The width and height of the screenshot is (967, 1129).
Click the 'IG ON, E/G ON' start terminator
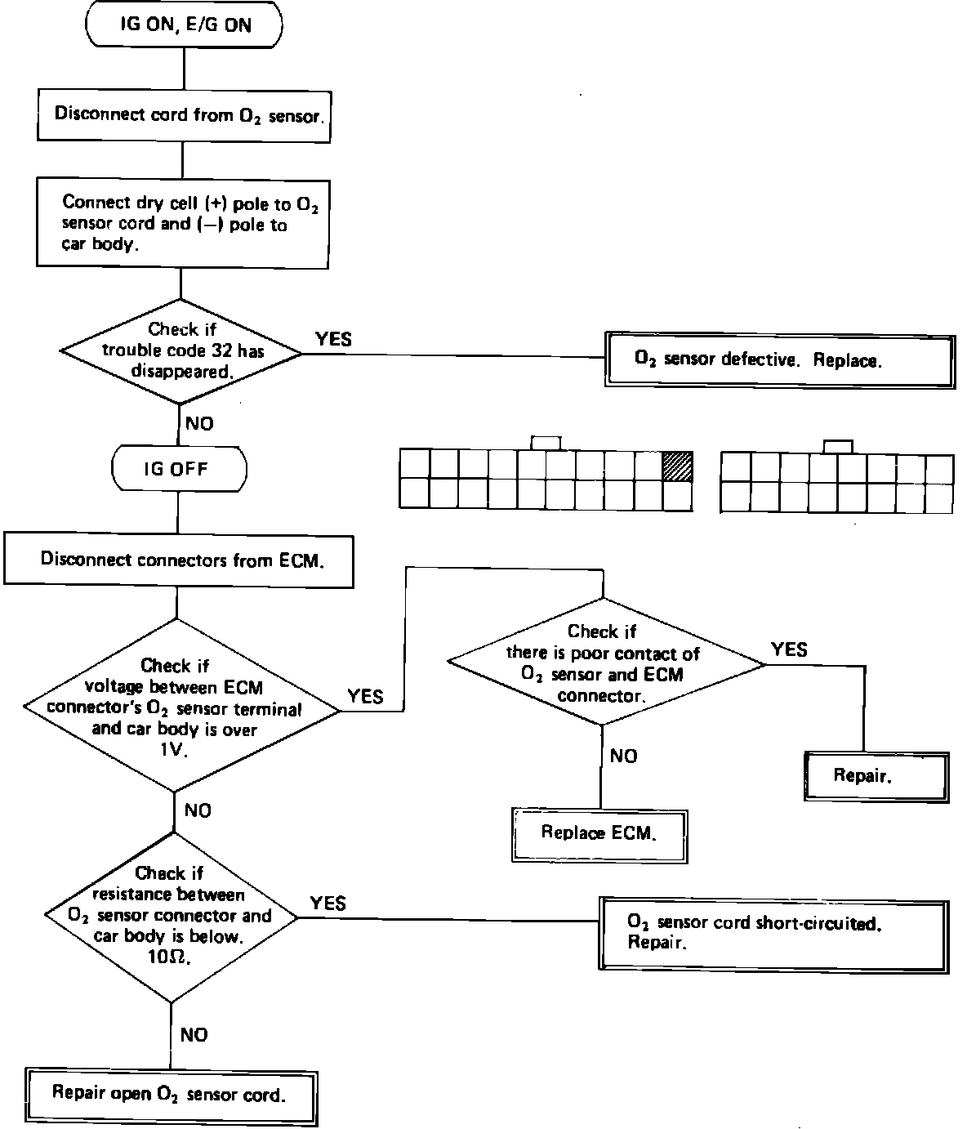tap(184, 25)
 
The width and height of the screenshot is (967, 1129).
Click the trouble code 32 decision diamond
tap(181, 351)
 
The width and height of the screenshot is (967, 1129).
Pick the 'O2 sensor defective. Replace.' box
tap(779, 359)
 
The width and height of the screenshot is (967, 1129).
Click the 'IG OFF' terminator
tap(178, 469)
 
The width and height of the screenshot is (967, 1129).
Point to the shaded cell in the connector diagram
tap(677, 466)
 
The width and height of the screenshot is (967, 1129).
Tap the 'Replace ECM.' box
tap(599, 833)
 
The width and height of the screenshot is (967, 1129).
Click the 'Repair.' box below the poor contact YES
tap(876, 775)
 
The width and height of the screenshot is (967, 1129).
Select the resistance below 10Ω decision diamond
tap(171, 916)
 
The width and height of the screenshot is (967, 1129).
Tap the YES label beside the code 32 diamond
tap(333, 338)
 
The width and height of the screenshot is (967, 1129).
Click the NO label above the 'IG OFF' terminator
tap(198, 423)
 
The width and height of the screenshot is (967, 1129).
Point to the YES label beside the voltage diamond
tap(365, 696)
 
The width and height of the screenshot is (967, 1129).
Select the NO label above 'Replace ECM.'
tap(623, 756)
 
